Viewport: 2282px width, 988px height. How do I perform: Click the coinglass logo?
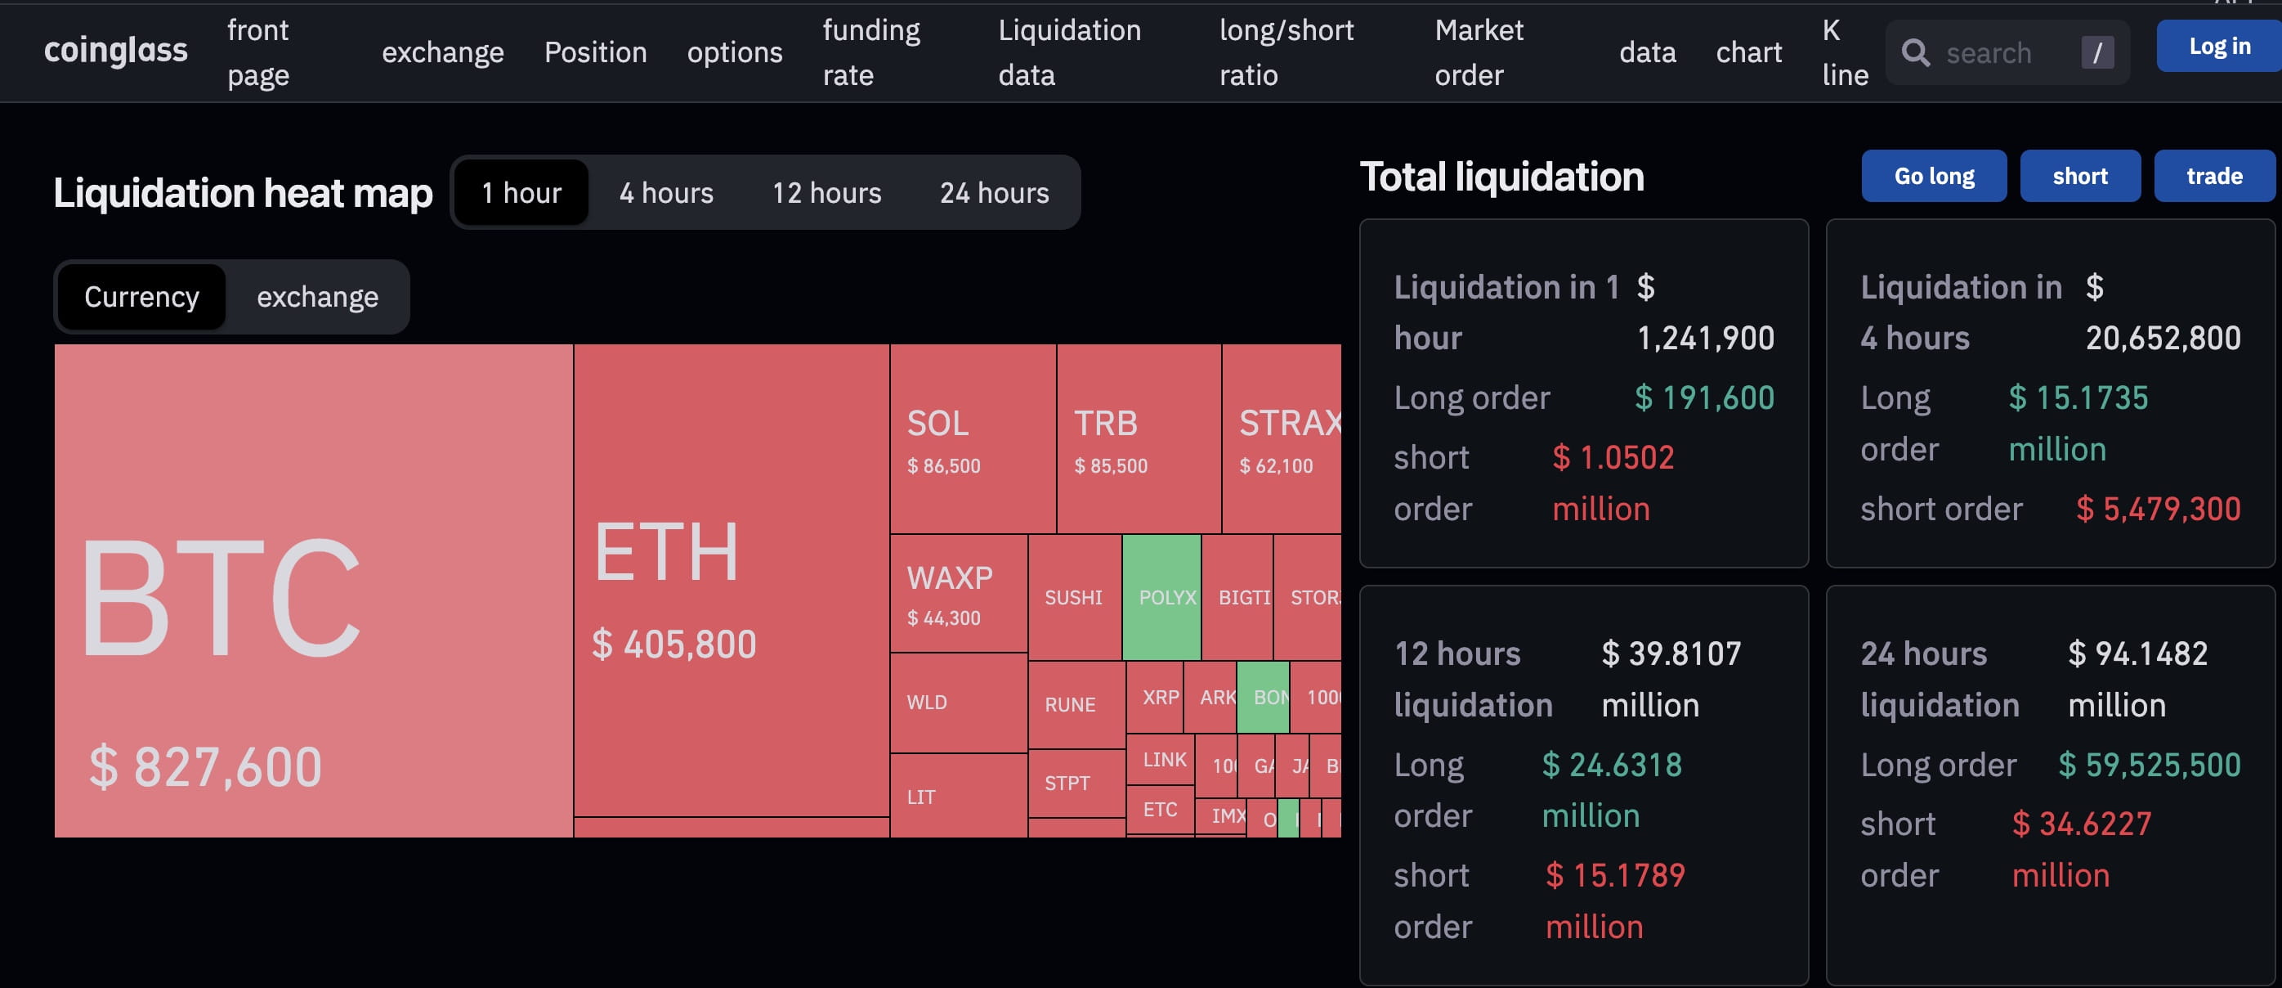tap(115, 52)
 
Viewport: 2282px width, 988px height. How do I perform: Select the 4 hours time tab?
tap(666, 192)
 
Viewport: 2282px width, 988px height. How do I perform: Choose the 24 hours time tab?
tap(994, 192)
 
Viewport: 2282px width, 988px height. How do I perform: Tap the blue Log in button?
tap(2218, 46)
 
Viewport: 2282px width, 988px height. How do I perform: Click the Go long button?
tap(1934, 177)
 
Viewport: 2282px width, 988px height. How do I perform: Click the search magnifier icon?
tap(1915, 53)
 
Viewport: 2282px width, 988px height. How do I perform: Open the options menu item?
tap(735, 52)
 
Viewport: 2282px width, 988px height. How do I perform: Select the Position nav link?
tap(595, 52)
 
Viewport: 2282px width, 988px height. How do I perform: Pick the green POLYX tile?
tap(1161, 597)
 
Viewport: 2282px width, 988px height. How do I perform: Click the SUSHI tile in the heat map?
tap(1074, 597)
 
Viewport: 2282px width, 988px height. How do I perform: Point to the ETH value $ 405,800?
tap(674, 644)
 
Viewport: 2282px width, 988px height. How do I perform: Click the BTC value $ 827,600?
tap(205, 766)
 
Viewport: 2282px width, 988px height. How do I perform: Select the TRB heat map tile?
tap(1139, 438)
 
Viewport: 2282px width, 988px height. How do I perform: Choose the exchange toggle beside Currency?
tap(317, 297)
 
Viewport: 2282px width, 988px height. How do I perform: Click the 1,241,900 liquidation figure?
tap(1705, 339)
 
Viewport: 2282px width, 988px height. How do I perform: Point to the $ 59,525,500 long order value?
tap(2149, 765)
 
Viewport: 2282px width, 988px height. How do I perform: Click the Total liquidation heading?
tap(1501, 177)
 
